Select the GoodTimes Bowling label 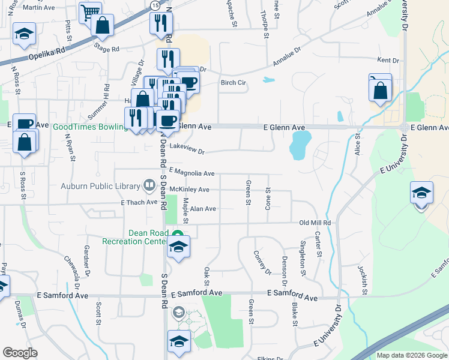(x=90, y=127)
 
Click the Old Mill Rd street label (x=315, y=223)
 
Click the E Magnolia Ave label (x=191, y=173)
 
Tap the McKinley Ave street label (x=189, y=190)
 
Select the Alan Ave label (x=202, y=209)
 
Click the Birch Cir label (x=233, y=83)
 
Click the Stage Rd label (x=107, y=49)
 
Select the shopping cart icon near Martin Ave (x=90, y=11)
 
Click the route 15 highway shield (x=155, y=4)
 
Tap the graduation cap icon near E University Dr (x=421, y=193)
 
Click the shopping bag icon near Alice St (x=381, y=91)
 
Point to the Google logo (x=20, y=352)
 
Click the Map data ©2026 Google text (x=411, y=355)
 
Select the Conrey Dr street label (x=262, y=263)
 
